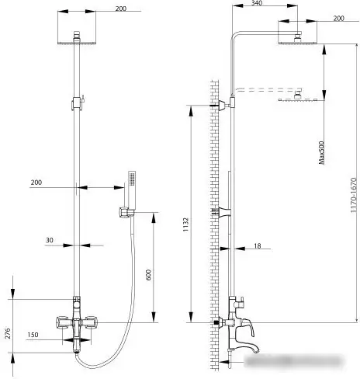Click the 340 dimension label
click(x=257, y=3)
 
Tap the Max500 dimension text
click(x=321, y=152)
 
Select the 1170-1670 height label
click(x=354, y=195)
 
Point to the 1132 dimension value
click(x=186, y=224)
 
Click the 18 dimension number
click(x=258, y=245)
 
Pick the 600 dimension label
click(x=148, y=275)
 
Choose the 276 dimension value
click(x=8, y=333)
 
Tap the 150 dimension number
click(x=33, y=335)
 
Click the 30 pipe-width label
click(x=50, y=240)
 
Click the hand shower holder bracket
click(x=126, y=213)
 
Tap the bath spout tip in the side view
click(x=256, y=351)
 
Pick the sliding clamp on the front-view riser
click(x=77, y=103)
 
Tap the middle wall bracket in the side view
click(x=223, y=212)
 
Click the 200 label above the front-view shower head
click(x=121, y=9)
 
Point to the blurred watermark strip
click(x=293, y=360)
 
